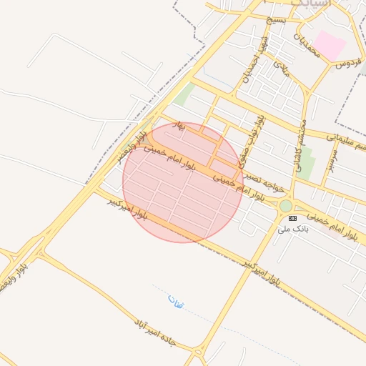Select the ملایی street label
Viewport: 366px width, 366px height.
click(280, 67)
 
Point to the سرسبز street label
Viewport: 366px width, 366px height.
click(333, 159)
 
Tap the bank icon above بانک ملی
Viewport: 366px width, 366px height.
click(292, 217)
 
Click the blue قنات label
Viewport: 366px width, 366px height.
click(176, 301)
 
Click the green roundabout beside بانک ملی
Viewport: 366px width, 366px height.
click(286, 206)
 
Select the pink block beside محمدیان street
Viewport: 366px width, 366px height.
click(330, 45)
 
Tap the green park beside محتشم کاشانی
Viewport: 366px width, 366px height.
click(307, 164)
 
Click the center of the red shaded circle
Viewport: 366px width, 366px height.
click(183, 182)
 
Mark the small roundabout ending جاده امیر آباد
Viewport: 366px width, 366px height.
click(198, 351)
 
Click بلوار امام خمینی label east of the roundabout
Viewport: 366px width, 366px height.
click(328, 224)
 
